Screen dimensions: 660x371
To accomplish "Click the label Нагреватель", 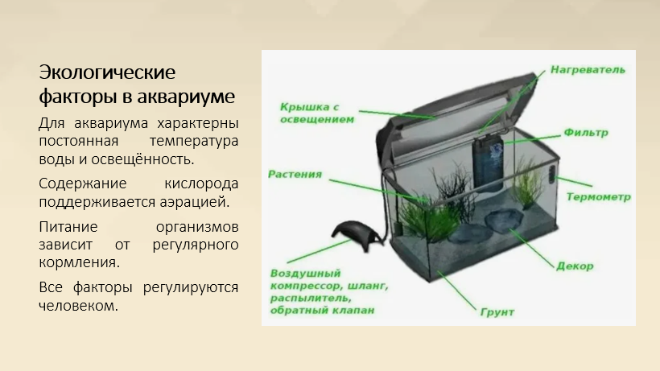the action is [588, 70].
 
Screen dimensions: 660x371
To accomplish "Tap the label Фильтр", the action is [586, 133].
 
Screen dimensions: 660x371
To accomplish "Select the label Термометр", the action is [599, 197].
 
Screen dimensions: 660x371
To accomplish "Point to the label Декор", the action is [575, 266].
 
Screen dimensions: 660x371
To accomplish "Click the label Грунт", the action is [497, 312].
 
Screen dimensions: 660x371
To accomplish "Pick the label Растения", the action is [295, 174].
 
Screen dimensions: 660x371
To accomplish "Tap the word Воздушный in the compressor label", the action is [305, 274].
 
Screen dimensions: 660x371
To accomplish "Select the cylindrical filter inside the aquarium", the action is [489, 162].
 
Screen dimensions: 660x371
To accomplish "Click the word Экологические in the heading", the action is [107, 72].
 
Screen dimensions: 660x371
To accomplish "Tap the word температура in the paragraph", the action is [194, 142].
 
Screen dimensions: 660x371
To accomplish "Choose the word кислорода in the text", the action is [201, 183].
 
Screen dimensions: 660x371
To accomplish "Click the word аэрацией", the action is [195, 202].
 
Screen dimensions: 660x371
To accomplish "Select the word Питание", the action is [68, 227].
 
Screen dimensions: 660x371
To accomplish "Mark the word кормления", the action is [79, 262].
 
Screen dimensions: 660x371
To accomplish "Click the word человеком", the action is [78, 306].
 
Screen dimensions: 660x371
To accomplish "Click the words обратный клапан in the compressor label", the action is [323, 311].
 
